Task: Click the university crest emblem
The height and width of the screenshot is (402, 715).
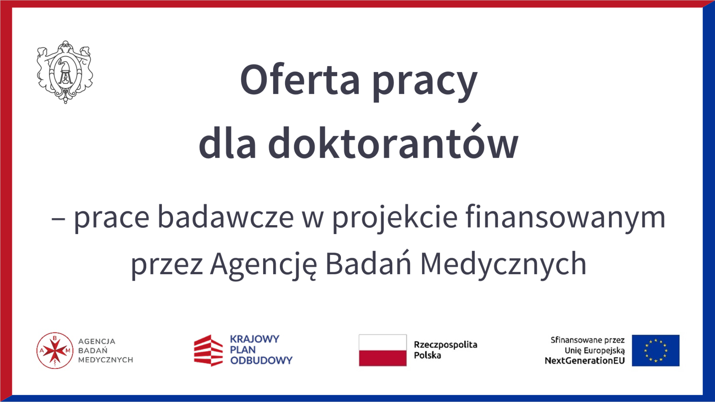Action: [x=65, y=72]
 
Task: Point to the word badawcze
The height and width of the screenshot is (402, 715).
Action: [x=226, y=217]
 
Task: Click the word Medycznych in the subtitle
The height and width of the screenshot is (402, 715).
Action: [x=503, y=264]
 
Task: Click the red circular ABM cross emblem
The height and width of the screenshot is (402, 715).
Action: [x=55, y=350]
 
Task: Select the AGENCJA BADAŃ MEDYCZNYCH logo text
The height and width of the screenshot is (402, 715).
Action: [x=105, y=350]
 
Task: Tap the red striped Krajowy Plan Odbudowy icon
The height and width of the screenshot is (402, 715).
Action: [x=208, y=350]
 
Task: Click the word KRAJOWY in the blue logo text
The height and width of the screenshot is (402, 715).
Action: [x=255, y=339]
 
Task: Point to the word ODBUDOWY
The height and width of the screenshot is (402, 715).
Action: [x=261, y=360]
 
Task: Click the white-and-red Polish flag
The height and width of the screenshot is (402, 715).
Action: [x=383, y=350]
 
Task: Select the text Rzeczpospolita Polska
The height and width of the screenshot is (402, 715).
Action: [x=445, y=350]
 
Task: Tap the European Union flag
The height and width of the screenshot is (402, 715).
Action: [x=656, y=350]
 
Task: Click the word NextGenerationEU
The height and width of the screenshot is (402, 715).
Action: [x=585, y=361]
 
